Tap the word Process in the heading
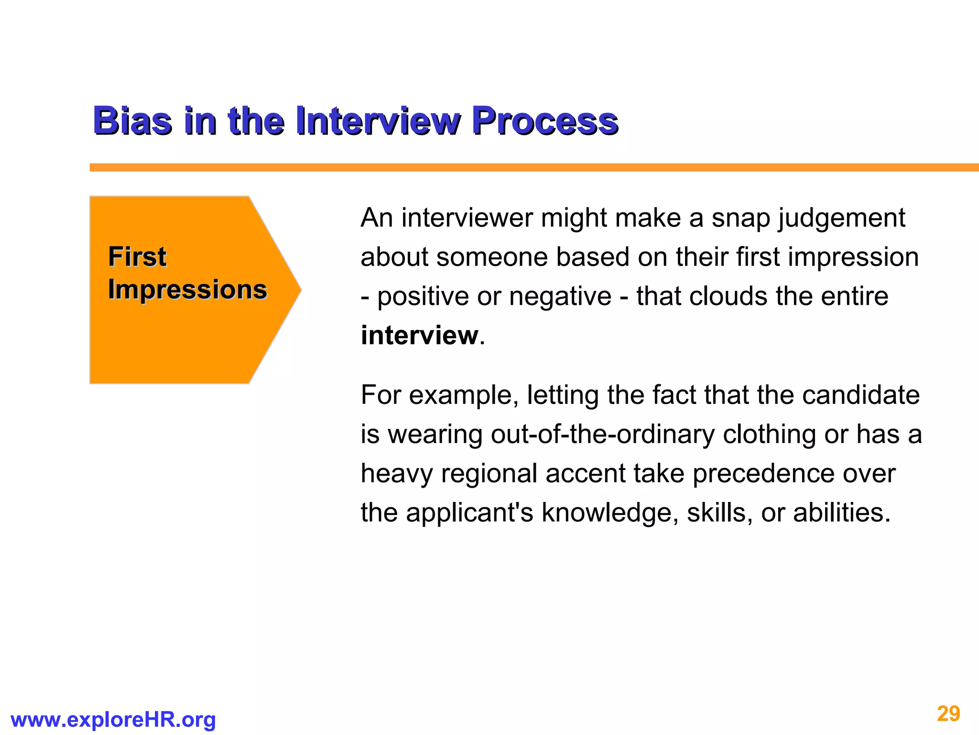tap(545, 121)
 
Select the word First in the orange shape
tap(137, 256)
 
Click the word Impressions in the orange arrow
tap(187, 290)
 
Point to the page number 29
tap(948, 714)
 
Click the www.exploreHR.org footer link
tap(113, 720)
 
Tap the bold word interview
tap(419, 335)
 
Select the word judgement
tap(841, 218)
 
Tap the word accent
tap(585, 474)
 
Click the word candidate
tap(860, 395)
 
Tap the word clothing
tap(769, 434)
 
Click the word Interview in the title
tap(378, 121)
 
